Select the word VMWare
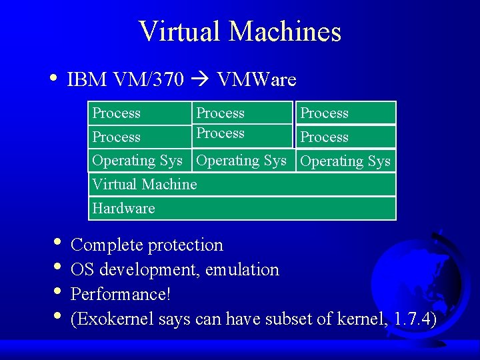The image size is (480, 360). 256,80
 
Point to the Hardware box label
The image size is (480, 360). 123,208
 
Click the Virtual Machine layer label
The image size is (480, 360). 145,184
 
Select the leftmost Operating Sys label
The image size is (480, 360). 137,161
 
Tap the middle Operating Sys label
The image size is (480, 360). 241,161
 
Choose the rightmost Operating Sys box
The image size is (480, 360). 345,161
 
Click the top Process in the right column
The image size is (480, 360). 325,113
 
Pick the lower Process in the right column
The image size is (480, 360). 325,137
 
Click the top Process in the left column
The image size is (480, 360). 117,113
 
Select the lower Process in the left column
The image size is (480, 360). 117,137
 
